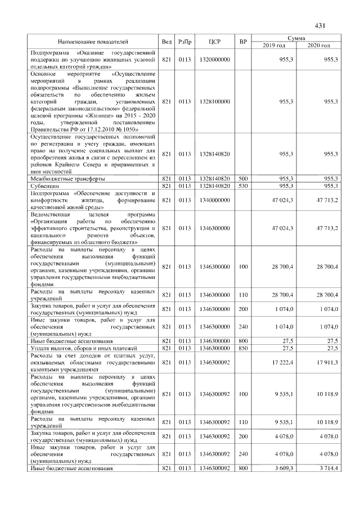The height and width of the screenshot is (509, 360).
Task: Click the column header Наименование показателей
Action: tap(93, 42)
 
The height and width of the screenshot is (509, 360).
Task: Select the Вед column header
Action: tap(166, 42)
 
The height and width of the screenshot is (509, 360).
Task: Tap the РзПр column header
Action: tap(184, 42)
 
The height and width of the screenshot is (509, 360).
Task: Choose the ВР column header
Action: tap(243, 42)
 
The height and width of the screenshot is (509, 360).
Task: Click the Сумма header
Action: tap(296, 38)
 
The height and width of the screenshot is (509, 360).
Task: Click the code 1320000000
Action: tap(214, 58)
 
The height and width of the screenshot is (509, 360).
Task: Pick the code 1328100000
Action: tap(214, 101)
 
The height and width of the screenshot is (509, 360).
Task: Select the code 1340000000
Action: tap(214, 200)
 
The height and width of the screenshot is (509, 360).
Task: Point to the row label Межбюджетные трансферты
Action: tap(67, 178)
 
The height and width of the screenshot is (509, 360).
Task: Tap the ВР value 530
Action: tap(243, 185)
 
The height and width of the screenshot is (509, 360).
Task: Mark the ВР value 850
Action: tap(243, 349)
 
